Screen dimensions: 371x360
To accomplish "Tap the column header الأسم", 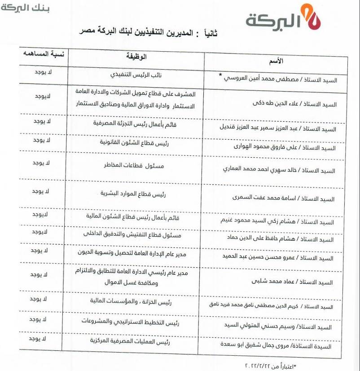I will (277, 61).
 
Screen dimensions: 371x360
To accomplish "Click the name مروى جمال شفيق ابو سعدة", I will (279, 346).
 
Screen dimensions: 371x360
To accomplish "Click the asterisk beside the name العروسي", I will (220, 75).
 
